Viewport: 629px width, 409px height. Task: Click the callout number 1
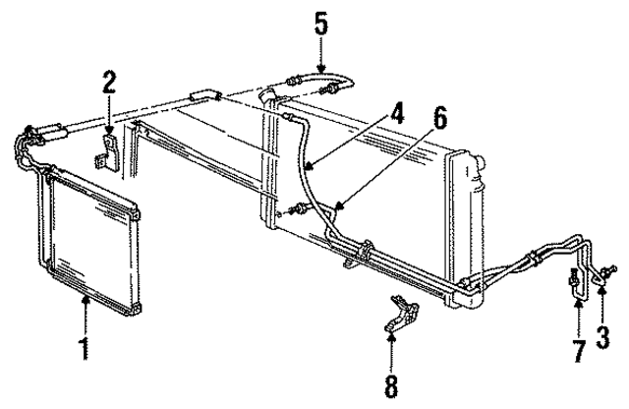click(85, 349)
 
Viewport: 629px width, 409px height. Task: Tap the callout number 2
click(109, 84)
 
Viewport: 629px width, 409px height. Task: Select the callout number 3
click(602, 337)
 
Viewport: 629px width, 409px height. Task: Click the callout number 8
click(391, 386)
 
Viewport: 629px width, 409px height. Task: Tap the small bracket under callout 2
click(106, 155)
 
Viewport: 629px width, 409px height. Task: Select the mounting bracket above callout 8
click(402, 314)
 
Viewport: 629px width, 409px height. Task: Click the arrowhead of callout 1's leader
click(86, 299)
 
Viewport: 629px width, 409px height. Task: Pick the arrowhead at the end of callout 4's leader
click(309, 165)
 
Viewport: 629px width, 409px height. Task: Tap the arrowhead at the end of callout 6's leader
click(340, 206)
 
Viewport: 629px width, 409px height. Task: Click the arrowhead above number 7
click(578, 304)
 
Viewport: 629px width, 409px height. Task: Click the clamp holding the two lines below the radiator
click(367, 251)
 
